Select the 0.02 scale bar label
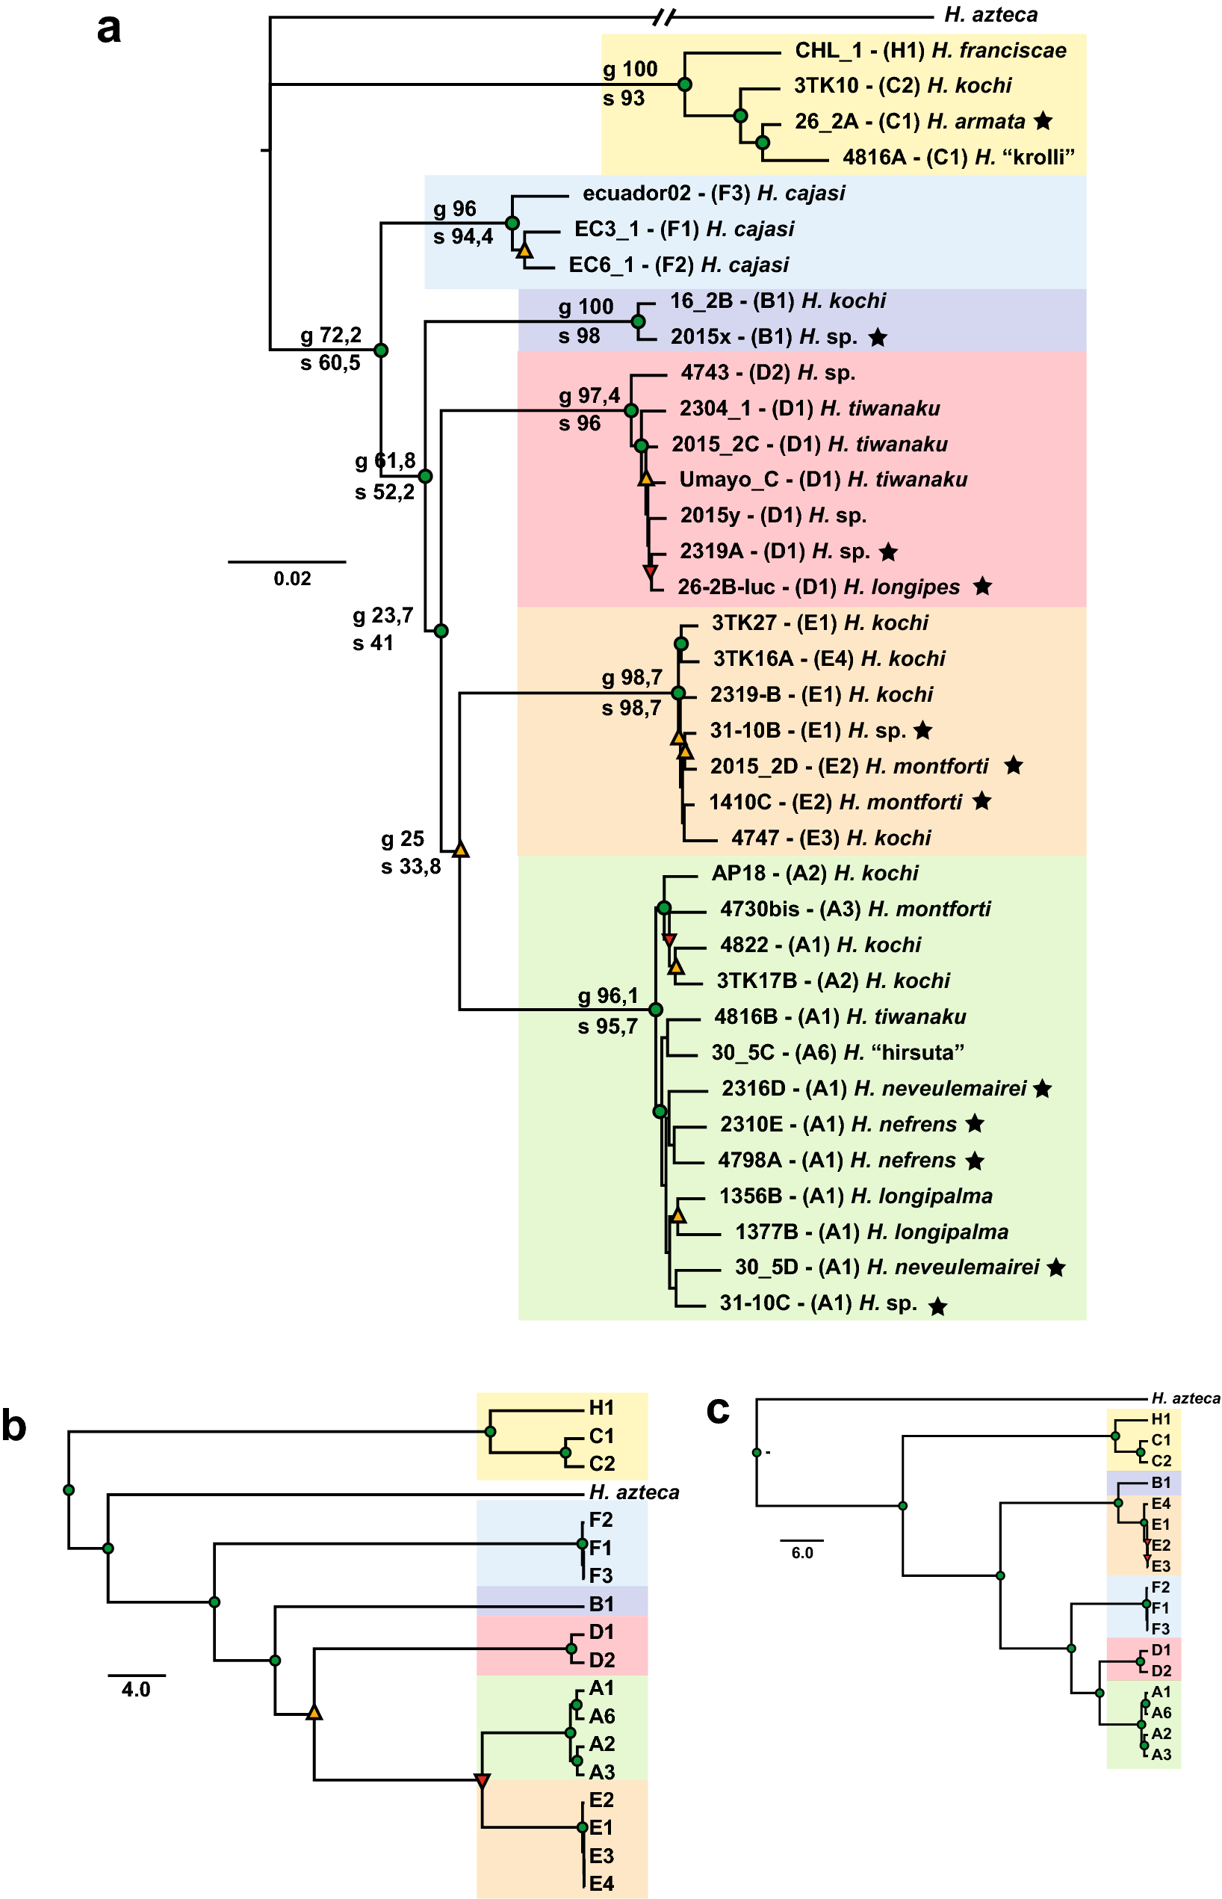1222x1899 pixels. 292,578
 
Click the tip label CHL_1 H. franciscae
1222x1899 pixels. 930,51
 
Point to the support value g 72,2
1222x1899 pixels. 330,335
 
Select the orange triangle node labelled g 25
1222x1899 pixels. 460,850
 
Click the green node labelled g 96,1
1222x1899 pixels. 655,1009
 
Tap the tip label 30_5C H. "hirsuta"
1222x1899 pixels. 837,1053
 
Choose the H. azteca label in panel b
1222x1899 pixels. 634,1492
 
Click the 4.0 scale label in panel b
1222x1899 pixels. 136,1690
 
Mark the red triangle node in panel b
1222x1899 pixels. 482,1781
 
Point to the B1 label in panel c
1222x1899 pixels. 1161,1482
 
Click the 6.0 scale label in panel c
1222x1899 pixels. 802,1553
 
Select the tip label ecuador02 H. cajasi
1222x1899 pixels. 713,194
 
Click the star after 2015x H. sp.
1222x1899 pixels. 877,337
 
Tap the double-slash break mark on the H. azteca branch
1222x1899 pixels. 665,16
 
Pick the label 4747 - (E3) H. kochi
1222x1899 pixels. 830,838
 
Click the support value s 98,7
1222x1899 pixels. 631,708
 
